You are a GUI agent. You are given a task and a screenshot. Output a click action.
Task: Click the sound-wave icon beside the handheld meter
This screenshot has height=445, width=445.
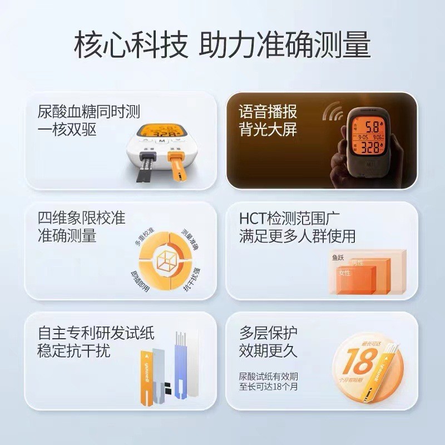pyautogui.click(x=333, y=111)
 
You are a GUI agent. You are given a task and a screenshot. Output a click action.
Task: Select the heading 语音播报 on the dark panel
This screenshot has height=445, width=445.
pyautogui.click(x=268, y=111)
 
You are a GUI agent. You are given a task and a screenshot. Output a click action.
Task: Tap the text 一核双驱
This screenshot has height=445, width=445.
pyautogui.click(x=67, y=130)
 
